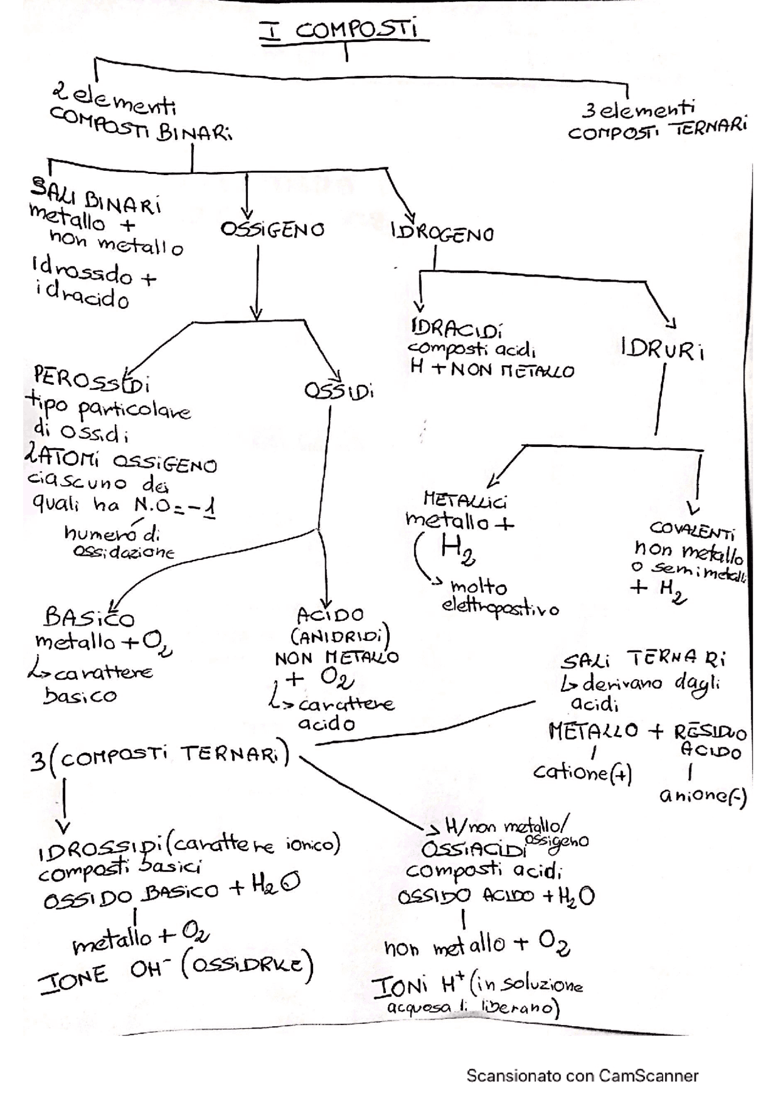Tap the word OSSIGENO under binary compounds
[273, 230]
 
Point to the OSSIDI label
[339, 391]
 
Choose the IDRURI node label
[662, 351]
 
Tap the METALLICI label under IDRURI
[465, 501]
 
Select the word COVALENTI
[692, 531]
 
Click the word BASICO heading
[90, 618]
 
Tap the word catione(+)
[583, 773]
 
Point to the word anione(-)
[703, 795]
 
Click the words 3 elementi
[638, 111]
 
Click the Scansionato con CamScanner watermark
[582, 1075]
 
